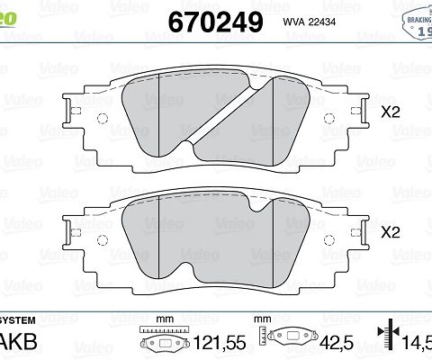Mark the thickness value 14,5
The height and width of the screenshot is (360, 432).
pyautogui.click(x=418, y=343)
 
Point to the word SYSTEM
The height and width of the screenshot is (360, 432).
pyautogui.click(x=18, y=320)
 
